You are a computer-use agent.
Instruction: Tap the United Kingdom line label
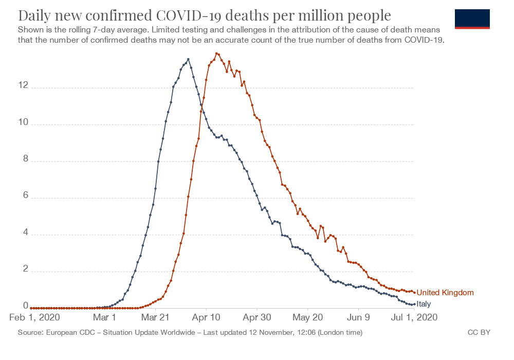pos(445,293)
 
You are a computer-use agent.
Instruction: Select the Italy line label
pos(424,304)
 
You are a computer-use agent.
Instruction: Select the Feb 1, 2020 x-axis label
pos(35,318)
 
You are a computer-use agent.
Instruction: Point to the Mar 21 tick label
pos(156,318)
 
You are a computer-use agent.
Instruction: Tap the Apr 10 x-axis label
pos(206,318)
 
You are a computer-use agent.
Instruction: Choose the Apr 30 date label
pos(257,318)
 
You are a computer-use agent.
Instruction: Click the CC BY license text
pos(479,333)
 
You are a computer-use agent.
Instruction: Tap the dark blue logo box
pos(472,19)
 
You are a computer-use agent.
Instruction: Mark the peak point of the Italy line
pos(188,59)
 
